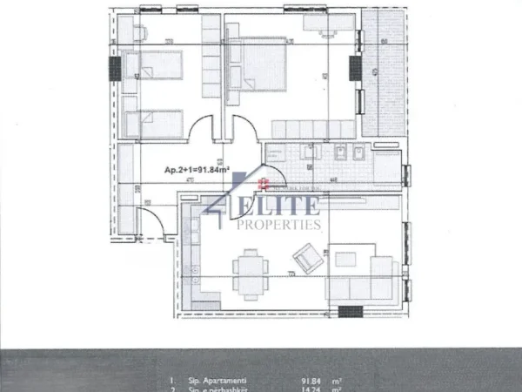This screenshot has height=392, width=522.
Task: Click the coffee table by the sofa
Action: pos(345,259)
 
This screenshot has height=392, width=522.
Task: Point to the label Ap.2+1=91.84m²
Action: pos(196,172)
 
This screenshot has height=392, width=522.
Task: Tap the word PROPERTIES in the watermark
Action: pos(279,225)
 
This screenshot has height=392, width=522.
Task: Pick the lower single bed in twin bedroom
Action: pos(153,123)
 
